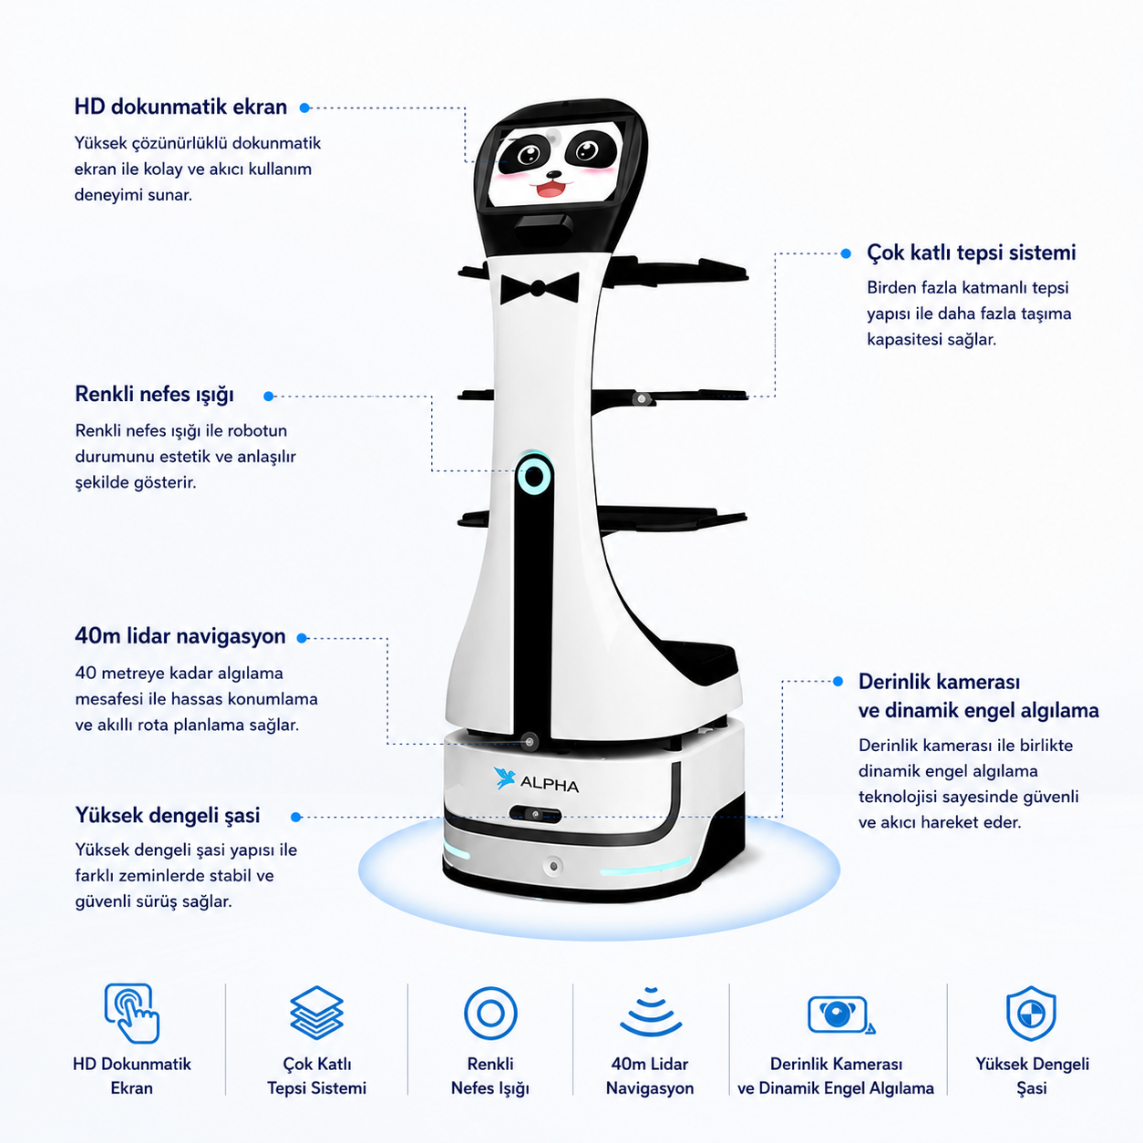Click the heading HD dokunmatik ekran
click(x=180, y=108)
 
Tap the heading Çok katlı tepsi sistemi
click(x=971, y=252)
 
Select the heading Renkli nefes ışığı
click(x=154, y=395)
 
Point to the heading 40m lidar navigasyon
click(x=180, y=636)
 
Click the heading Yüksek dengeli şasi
click(x=168, y=816)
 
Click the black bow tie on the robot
click(x=540, y=288)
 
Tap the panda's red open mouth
click(x=551, y=190)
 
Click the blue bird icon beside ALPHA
click(x=504, y=777)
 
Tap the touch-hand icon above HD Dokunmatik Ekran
click(x=131, y=1013)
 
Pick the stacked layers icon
click(x=317, y=1013)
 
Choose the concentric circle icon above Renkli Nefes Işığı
click(x=490, y=1013)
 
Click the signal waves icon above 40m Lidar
click(x=651, y=1012)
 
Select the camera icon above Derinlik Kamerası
click(x=839, y=1014)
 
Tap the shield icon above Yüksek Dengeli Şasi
click(x=1032, y=1013)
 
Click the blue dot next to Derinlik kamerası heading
click(x=839, y=681)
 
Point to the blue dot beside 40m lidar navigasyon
click(x=302, y=638)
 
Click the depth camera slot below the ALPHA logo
click(x=535, y=814)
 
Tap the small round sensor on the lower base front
click(x=553, y=867)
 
